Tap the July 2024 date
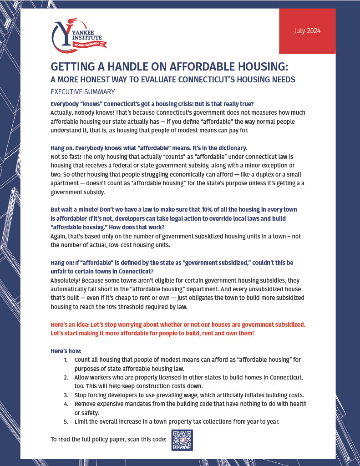click(x=307, y=31)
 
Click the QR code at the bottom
click(x=182, y=440)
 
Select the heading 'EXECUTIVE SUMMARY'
click(x=83, y=91)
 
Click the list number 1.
click(x=66, y=360)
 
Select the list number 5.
click(x=66, y=421)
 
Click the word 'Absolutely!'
click(x=66, y=280)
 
